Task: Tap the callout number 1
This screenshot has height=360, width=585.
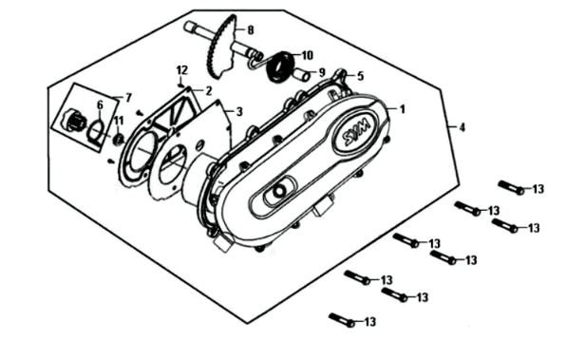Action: click(402, 109)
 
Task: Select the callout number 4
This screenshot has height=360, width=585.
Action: click(462, 127)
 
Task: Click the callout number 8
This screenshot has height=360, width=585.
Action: click(251, 29)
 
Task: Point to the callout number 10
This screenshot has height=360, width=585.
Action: click(307, 56)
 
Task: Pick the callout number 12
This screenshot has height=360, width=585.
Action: click(181, 69)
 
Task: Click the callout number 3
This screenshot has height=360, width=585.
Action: click(239, 111)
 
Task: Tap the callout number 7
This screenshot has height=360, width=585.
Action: click(129, 98)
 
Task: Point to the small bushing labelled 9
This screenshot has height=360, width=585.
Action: click(301, 75)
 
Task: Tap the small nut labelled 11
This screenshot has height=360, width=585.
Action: click(119, 140)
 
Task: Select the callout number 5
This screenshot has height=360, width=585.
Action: click(360, 76)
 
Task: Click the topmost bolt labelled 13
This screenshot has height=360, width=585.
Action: click(511, 187)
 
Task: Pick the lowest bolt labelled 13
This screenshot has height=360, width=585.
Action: click(342, 320)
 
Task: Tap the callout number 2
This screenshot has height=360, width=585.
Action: click(208, 90)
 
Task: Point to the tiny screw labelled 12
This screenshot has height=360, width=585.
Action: click(181, 85)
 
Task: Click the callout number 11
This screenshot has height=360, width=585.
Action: click(119, 121)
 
